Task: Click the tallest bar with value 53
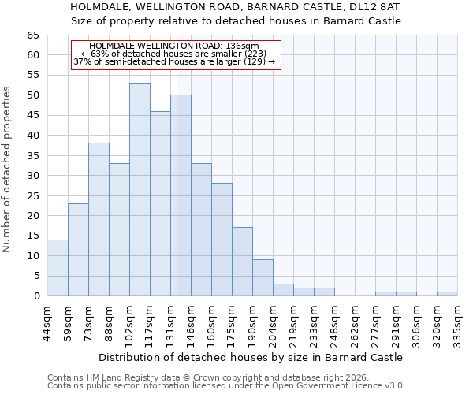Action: pyautogui.click(x=140, y=189)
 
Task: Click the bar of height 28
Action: pyautogui.click(x=222, y=240)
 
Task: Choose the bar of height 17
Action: pyautogui.click(x=242, y=262)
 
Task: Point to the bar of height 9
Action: pyautogui.click(x=263, y=277)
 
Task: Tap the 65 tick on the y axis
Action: pyautogui.click(x=32, y=35)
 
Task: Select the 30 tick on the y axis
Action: pyautogui.click(x=32, y=176)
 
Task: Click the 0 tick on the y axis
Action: pyautogui.click(x=36, y=296)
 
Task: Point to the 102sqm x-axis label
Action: pyautogui.click(x=129, y=322)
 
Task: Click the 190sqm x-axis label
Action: pyautogui.click(x=252, y=322)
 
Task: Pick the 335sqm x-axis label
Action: pyautogui.click(x=457, y=322)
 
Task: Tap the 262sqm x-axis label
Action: pyautogui.click(x=355, y=322)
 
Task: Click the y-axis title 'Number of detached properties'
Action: pyautogui.click(x=8, y=169)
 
